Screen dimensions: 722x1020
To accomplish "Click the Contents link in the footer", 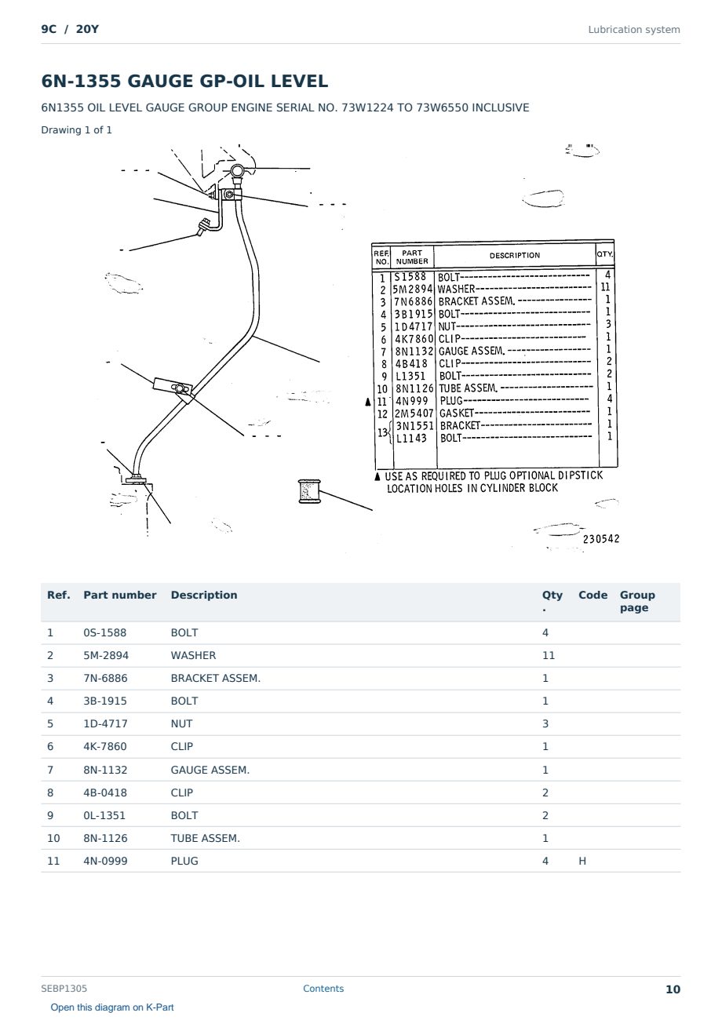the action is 323,989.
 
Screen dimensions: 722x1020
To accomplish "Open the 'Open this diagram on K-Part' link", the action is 112,1007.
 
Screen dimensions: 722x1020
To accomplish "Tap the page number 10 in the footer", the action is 673,989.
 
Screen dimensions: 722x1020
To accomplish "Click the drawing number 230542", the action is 601,539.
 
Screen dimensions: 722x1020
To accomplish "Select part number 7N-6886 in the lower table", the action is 105,678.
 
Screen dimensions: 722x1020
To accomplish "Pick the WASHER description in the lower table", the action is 193,655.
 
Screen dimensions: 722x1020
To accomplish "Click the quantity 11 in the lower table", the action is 549,655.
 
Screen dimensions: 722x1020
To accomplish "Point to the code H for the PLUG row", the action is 582,861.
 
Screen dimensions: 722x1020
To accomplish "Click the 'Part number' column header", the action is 120,595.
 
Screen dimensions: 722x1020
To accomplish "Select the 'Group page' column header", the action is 637,601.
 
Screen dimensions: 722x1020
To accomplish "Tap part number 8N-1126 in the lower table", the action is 105,838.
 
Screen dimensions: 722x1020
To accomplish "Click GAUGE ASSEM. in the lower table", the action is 210,770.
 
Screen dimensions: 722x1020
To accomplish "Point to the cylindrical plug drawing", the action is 309,491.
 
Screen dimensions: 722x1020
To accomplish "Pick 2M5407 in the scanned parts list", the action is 414,413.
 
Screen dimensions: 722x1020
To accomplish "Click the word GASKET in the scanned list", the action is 457,413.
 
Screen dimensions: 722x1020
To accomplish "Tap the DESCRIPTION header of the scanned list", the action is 515,256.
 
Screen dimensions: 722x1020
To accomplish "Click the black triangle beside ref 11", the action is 368,401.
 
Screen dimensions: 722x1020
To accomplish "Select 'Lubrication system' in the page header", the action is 634,30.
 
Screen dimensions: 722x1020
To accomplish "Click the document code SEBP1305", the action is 64,989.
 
